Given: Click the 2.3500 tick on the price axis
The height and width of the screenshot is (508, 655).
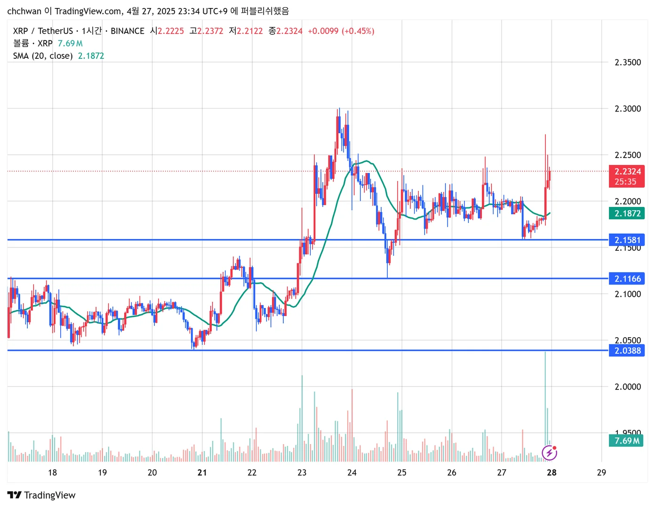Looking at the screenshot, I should [628, 63].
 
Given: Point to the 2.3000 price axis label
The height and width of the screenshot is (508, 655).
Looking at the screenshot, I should [628, 109].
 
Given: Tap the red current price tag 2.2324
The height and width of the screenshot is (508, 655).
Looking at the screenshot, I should [626, 172].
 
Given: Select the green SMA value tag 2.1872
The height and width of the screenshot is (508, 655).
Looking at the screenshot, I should [626, 214].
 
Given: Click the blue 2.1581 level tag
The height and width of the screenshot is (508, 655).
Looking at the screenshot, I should [626, 240].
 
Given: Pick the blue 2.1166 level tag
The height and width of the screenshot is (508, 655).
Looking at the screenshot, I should [626, 279].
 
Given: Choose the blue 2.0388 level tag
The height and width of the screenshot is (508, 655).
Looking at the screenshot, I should [626, 350].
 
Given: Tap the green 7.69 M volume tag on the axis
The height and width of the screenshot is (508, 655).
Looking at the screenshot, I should [626, 441].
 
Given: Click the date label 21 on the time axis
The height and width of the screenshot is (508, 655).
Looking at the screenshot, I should [202, 473].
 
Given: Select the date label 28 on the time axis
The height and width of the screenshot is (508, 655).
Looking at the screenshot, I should [551, 473].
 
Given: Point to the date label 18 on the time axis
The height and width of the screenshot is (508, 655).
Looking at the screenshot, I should [52, 473].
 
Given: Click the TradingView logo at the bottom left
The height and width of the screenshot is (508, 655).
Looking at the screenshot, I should [41, 495].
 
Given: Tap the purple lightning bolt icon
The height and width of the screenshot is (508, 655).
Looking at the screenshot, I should [550, 453].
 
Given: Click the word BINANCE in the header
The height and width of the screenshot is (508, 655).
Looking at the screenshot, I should [128, 31].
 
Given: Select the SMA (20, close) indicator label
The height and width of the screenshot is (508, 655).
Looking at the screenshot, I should [43, 56].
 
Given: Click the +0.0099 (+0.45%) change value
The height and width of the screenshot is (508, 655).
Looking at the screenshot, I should [341, 31].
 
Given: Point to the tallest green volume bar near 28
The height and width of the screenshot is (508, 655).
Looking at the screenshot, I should [545, 400].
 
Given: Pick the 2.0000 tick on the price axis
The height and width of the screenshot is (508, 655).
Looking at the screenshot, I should [628, 387].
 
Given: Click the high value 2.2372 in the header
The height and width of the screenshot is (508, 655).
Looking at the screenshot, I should [210, 31].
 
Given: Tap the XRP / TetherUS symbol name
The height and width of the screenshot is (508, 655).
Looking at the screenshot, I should [43, 31].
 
